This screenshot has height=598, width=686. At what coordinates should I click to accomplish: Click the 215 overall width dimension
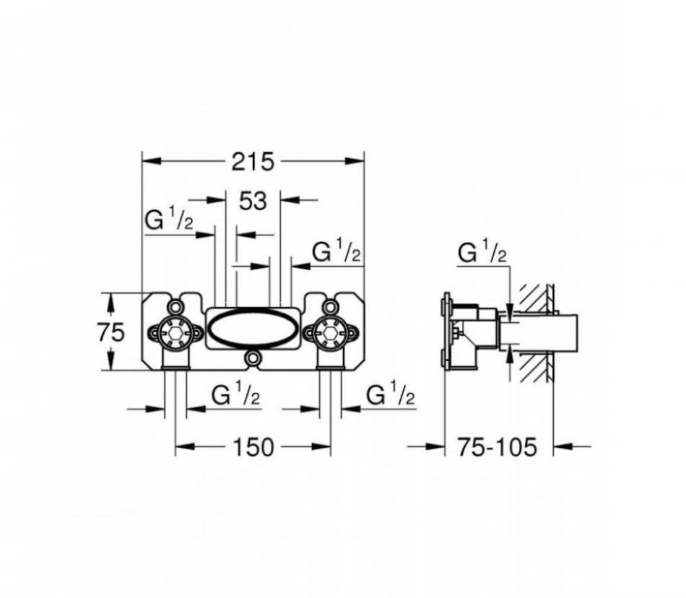tap(253, 162)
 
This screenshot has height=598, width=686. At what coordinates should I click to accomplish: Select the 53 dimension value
tap(253, 201)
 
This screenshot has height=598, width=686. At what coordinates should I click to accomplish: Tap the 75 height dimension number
tap(111, 332)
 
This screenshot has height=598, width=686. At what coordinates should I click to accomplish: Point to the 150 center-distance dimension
tap(253, 447)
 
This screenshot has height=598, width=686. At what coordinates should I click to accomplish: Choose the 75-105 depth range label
tap(498, 447)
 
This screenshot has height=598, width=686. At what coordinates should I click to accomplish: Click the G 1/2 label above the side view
tap(483, 253)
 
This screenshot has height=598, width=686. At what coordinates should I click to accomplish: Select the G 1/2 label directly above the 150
tap(235, 396)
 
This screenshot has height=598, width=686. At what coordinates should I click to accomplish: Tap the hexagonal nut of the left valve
tap(175, 333)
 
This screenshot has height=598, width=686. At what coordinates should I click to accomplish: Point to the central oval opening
tap(253, 329)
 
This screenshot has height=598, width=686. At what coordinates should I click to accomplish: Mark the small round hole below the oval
tap(253, 358)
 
